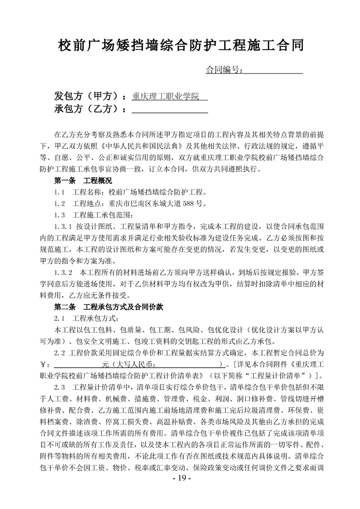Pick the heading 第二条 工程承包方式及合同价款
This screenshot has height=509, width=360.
coord(105,307)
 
